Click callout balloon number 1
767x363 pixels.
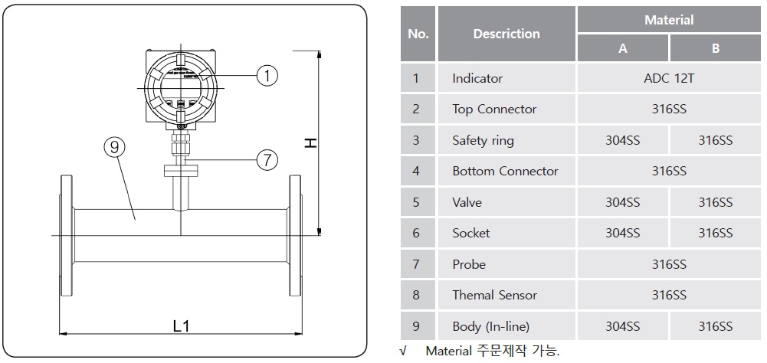267,75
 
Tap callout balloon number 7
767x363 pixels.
267,160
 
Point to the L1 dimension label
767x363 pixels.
181,325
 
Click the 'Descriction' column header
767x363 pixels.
506,34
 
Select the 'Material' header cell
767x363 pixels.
669,20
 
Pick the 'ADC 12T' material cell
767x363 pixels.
669,78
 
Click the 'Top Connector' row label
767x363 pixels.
494,109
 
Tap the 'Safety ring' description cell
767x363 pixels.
483,140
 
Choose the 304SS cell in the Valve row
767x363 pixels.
622,202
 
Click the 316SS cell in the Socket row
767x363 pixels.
715,233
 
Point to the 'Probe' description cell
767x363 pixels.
469,264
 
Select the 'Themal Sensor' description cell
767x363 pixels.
494,295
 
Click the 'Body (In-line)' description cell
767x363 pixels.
490,326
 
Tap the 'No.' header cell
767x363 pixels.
418,34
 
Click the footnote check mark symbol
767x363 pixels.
403,352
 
